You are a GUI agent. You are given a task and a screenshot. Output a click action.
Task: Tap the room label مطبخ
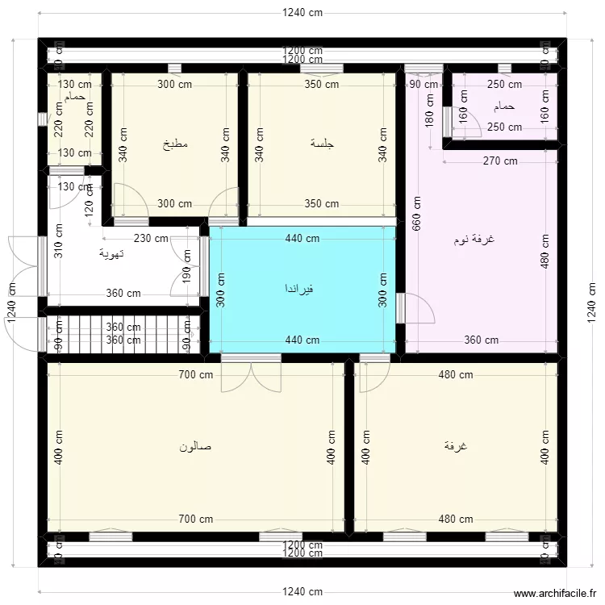[x=175, y=144]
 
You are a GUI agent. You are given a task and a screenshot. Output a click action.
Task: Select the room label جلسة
[x=322, y=144]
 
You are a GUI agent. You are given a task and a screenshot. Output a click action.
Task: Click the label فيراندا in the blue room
[x=298, y=288]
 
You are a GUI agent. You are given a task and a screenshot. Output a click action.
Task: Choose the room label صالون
[x=195, y=445]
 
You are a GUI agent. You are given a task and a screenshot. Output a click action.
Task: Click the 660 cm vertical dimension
[x=416, y=212]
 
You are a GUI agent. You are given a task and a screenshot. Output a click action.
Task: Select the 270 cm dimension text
[x=500, y=161]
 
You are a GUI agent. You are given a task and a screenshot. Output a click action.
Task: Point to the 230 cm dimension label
[x=151, y=238]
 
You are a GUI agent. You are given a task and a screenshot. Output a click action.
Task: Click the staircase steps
[x=121, y=334]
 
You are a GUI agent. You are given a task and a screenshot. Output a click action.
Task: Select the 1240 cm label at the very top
[x=302, y=12]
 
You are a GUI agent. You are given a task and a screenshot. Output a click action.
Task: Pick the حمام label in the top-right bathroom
[x=504, y=106]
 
